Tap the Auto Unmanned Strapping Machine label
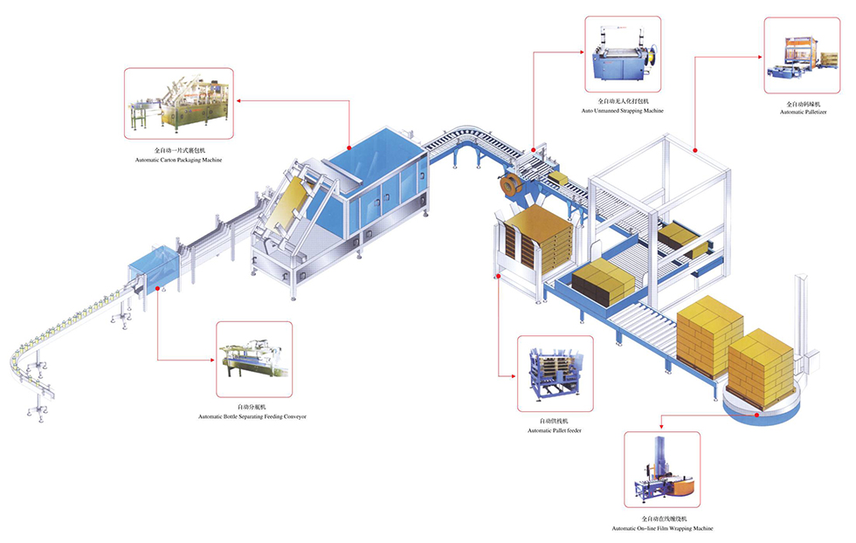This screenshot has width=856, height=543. pyautogui.click(x=622, y=112)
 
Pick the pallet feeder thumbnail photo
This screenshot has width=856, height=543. pyautogui.click(x=555, y=373)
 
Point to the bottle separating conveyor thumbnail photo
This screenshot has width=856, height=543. pyautogui.click(x=253, y=359)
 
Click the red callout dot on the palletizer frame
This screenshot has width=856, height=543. pyautogui.click(x=695, y=150)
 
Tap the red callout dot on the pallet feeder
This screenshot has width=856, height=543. pyautogui.click(x=498, y=277)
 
